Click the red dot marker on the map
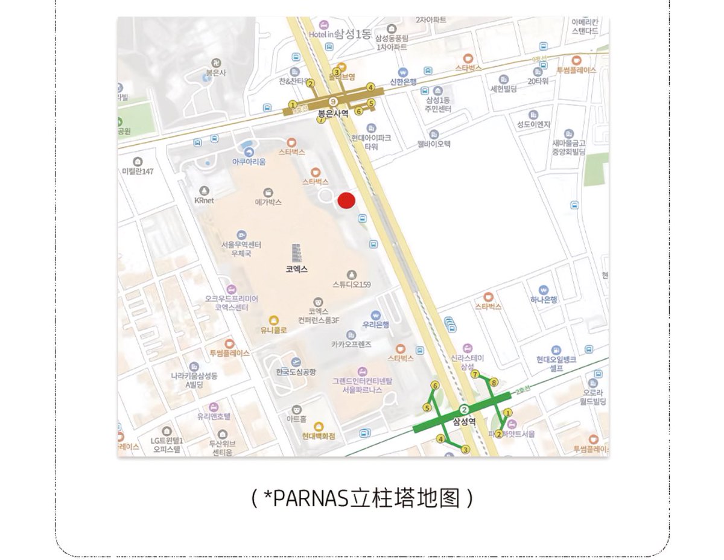coord(346,201)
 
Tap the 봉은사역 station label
coord(333,113)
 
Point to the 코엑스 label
coord(297,270)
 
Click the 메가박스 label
coord(268,203)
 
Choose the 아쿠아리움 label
coord(249,162)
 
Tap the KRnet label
coord(204,200)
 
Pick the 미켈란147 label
coord(138,171)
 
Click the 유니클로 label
coord(273,330)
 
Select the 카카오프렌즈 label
coord(351,344)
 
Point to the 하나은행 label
coord(544,299)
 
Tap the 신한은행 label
coord(403,83)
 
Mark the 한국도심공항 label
coord(296,372)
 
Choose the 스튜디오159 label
coord(351,284)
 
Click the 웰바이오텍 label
coord(434,144)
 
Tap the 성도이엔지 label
coord(533,124)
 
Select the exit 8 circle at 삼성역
coord(494,383)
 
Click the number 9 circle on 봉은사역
coord(334,101)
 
